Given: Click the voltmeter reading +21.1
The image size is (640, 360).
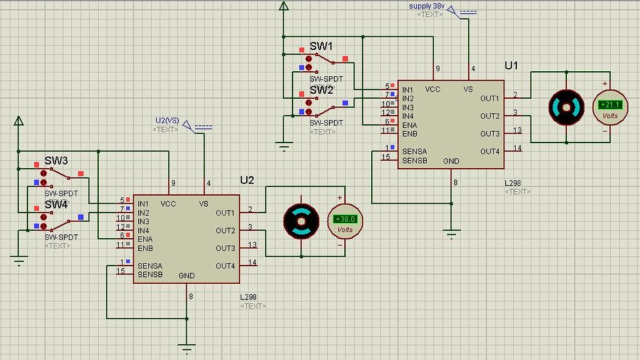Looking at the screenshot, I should point(609,106).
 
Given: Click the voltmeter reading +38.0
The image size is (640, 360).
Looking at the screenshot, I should point(344,220).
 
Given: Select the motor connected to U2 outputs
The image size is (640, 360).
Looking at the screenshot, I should point(301,221).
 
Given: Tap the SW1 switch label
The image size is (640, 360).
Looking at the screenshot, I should point(321,47).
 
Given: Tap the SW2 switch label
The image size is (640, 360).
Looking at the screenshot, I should point(321,90).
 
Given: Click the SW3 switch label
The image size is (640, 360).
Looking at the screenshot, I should point(56,161).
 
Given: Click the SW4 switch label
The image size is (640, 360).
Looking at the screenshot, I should point(56,204).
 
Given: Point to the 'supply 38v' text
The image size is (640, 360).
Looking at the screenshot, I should point(427,6).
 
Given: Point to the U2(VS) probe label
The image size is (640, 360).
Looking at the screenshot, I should point(167,121).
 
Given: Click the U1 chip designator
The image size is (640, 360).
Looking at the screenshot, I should point(511,66).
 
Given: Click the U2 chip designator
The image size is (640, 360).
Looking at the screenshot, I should point(247,180).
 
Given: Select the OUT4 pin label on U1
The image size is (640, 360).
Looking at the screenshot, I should point(490,151).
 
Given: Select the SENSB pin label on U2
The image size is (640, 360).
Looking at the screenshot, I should point(150,274).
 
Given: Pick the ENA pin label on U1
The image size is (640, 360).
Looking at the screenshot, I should point(409,125).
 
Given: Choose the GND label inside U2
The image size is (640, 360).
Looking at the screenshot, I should point(186,276).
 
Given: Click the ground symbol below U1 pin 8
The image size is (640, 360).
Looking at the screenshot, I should point(451,234).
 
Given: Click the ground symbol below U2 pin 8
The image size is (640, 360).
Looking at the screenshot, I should point(186,347).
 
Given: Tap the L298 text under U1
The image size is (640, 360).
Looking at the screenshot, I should point(513,183).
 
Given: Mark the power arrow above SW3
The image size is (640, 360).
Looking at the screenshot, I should point(19,121).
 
